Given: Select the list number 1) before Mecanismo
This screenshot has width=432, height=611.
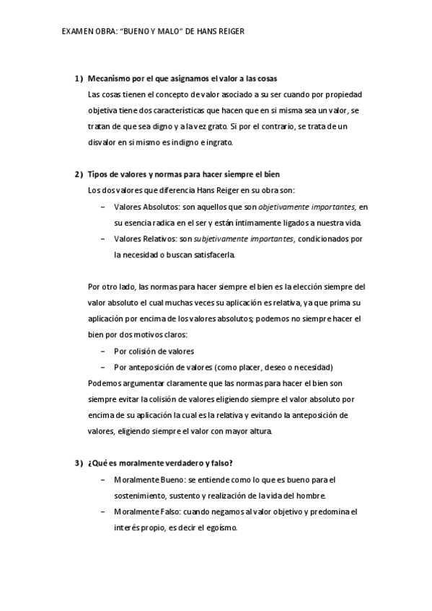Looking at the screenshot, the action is click(79, 78).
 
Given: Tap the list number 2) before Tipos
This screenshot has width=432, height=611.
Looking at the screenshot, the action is click(79, 174).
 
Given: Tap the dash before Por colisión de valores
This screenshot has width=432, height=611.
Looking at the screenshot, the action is click(104, 352).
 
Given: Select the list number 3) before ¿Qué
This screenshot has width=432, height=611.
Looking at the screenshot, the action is click(79, 463).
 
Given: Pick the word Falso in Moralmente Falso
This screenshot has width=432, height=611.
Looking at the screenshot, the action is click(167, 511).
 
